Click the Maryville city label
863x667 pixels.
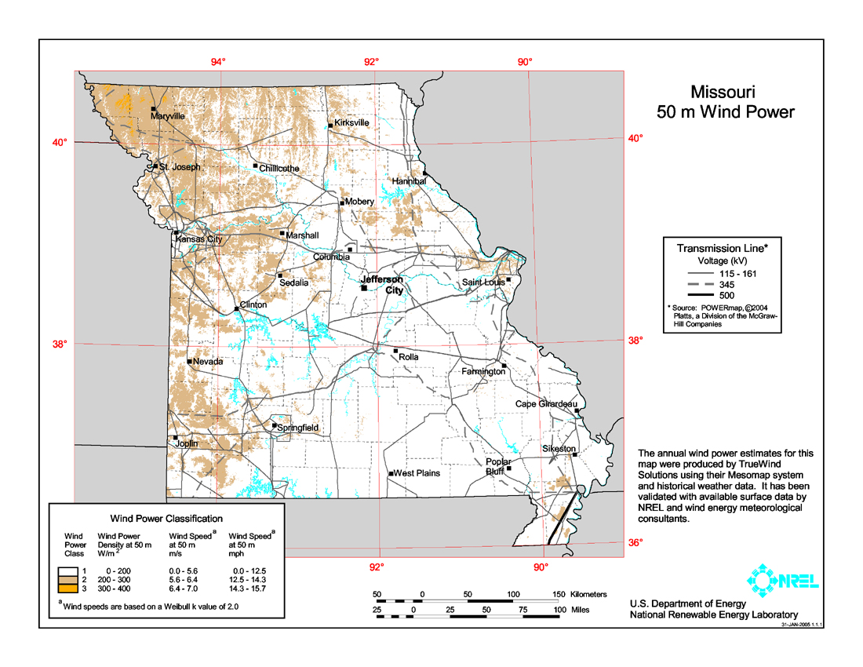point(168,116)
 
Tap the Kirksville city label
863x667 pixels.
point(351,123)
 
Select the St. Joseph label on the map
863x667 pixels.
point(180,167)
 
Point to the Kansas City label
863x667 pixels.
point(198,239)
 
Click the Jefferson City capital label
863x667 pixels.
point(382,285)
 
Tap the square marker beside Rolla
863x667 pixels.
point(396,351)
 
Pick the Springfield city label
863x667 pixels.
point(298,428)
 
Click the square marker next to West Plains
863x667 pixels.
point(391,474)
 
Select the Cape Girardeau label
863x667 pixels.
point(547,404)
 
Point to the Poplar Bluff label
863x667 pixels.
point(498,467)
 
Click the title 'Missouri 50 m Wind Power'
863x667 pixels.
point(725,102)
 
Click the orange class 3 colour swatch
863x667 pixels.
point(74,589)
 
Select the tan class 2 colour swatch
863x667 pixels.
point(74,578)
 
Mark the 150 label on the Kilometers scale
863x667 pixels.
point(558,595)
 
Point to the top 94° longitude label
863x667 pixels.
point(217,62)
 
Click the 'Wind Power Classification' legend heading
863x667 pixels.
point(166,519)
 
